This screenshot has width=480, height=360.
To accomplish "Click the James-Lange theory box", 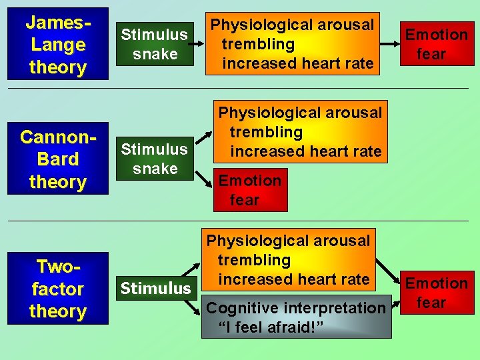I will [x=57, y=44].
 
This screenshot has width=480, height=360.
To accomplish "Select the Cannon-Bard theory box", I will [x=57, y=159].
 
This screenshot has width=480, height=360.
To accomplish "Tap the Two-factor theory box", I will [x=57, y=288].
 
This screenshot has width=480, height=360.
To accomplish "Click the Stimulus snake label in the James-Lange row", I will [x=155, y=44].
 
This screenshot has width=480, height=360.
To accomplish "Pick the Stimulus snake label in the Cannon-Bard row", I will [x=155, y=159].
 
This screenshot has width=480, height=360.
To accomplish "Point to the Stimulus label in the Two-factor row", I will [x=155, y=288].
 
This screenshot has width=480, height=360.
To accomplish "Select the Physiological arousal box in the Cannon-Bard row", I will [x=299, y=132].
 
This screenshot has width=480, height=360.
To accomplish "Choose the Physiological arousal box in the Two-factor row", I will [x=288, y=260].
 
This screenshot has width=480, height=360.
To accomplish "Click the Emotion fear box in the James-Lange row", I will [x=436, y=43].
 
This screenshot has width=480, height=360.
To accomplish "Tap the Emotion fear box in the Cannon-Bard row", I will [x=250, y=190].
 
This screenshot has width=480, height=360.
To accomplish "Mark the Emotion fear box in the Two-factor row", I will [x=436, y=293].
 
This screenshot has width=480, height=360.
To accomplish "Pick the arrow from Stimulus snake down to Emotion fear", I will [x=203, y=177].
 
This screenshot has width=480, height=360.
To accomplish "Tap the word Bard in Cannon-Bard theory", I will [x=57, y=159].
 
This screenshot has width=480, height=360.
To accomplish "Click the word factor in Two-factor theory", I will [x=57, y=289].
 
